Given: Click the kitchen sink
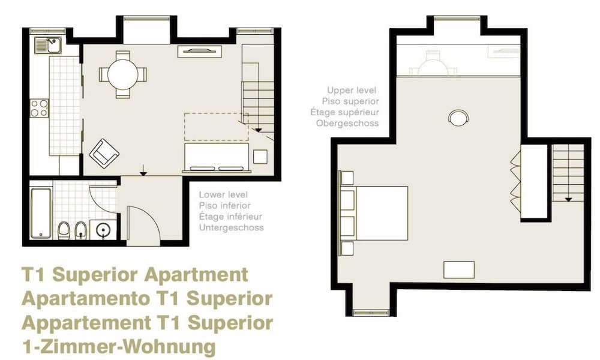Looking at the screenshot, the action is pos(47,45).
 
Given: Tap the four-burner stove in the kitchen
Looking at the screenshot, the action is pos(40,108).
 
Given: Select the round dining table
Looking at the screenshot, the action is pos(122,74).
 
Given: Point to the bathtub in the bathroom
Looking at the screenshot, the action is pos(41,213).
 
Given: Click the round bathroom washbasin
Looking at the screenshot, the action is pos(103,230).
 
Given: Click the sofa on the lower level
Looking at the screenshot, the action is pos(217,157).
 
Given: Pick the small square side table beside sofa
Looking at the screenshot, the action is pos(260,157).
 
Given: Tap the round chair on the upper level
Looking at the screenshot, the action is pos(458,118).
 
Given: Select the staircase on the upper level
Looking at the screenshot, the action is pos(568,173).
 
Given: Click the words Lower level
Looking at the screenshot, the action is pos(223,195).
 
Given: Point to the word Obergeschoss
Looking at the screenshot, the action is pos(347,124).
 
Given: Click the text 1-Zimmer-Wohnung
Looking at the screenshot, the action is pos(119,347).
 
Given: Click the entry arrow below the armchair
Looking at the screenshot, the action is pos(143,170).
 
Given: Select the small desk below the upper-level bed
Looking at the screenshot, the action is pos(459,270).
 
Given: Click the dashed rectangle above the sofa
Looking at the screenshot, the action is pos(216,127).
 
